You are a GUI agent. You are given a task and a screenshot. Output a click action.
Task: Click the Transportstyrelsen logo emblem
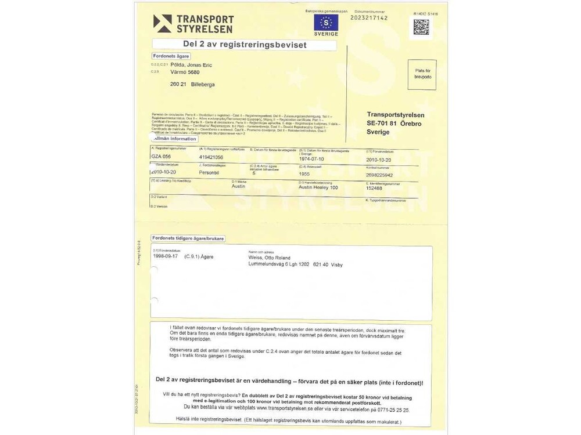click(162, 23)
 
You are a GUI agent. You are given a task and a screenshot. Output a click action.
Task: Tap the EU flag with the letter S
click(326, 23)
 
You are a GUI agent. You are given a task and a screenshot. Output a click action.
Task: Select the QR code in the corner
click(421, 27)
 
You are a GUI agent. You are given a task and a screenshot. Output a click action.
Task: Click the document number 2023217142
click(369, 18)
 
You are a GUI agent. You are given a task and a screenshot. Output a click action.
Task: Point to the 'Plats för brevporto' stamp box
click(422, 74)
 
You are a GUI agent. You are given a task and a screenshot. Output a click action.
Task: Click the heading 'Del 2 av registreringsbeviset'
click(244, 44)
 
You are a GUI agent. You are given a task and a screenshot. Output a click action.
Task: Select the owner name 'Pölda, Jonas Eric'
click(191, 65)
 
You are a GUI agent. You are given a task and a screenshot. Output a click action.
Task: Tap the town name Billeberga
click(203, 84)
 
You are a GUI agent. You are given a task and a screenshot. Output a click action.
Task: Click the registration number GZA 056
click(161, 157)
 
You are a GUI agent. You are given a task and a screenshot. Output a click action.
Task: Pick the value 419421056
click(211, 157)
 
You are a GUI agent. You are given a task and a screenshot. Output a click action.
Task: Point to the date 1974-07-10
click(313, 158)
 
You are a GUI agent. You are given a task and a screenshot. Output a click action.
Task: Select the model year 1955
click(304, 173)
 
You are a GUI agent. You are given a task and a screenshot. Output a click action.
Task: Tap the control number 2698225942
click(379, 175)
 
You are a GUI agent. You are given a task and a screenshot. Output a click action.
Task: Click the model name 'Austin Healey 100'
click(318, 187)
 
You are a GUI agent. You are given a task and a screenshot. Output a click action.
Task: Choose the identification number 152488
click(374, 188)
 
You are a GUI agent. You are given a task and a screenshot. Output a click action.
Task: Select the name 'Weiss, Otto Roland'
click(269, 258)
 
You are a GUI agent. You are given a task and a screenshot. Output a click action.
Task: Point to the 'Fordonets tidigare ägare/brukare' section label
click(188, 238)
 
